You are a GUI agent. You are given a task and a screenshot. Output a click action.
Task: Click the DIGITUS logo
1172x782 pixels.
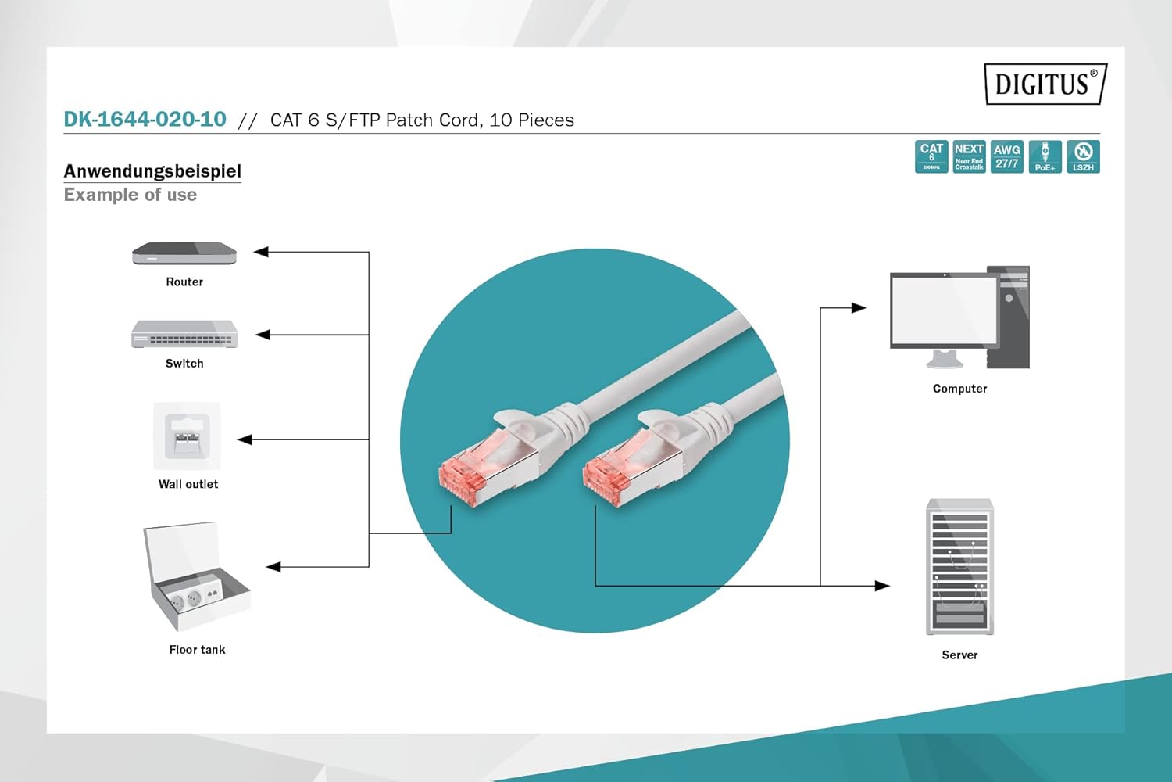click(1045, 84)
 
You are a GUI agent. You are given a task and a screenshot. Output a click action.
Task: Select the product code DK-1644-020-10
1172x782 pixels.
click(145, 120)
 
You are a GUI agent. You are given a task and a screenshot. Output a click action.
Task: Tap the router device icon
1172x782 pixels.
click(184, 253)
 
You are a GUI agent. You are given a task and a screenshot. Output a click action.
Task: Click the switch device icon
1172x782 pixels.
click(184, 334)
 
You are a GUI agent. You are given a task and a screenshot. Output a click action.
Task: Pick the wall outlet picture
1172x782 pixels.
click(187, 436)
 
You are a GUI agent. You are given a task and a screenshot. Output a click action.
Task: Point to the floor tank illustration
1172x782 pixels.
click(196, 576)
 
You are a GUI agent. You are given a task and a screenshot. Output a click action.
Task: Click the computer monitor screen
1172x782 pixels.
click(944, 310)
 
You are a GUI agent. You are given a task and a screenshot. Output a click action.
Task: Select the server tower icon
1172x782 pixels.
click(959, 566)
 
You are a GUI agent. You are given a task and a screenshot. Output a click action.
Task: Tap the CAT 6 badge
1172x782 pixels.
click(931, 156)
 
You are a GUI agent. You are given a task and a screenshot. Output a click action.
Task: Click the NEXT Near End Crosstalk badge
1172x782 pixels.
click(969, 156)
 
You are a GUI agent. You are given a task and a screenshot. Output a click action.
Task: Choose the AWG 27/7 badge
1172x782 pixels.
click(1006, 156)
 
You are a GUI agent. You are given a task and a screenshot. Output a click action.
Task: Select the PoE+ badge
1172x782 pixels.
click(1045, 156)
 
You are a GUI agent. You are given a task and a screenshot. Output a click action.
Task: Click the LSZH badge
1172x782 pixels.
click(1083, 156)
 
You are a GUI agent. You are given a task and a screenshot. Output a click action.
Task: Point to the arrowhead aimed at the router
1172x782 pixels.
click(261, 252)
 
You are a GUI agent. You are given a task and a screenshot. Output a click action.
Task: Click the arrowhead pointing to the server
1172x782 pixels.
click(882, 586)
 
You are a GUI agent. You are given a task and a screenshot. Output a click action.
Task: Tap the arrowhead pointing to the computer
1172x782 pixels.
click(859, 308)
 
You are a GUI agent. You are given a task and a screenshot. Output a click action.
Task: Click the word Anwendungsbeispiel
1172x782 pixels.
click(152, 171)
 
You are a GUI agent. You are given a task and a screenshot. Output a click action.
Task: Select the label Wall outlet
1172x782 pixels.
click(188, 484)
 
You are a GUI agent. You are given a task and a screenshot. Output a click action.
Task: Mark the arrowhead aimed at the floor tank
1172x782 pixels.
click(273, 567)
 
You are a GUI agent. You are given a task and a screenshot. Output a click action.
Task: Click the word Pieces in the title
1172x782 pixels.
click(546, 120)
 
